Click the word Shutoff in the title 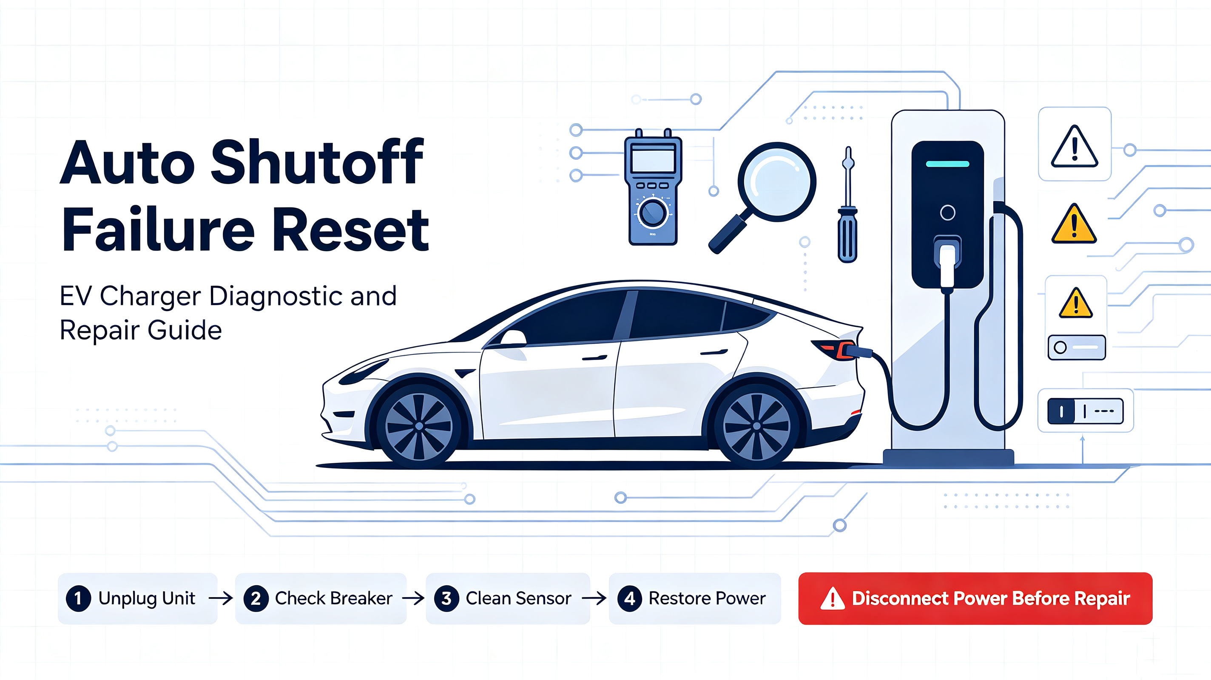pos(317,161)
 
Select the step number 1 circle pos(78,598)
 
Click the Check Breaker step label pos(333,598)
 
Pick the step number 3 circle pos(446,598)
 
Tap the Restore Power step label pos(707,598)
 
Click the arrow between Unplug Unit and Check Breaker pos(221,598)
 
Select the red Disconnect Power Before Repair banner pos(975,598)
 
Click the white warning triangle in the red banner pos(832,599)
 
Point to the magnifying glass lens pos(776,181)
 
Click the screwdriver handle pos(847,235)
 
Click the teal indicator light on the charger pos(947,164)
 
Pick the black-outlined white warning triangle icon pos(1074,147)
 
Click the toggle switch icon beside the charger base pos(1085,411)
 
